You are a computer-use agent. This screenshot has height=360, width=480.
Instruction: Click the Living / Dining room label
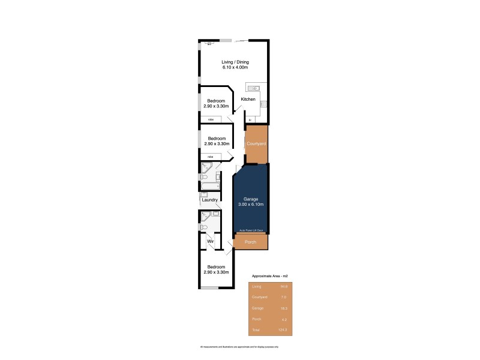coord(235,62)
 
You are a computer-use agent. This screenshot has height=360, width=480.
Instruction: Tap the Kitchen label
coord(248,99)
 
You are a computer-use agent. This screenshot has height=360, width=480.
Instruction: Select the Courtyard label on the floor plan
coord(256,144)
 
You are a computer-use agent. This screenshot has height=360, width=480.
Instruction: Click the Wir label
coord(211,242)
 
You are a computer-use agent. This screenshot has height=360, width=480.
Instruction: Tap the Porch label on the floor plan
coord(251,242)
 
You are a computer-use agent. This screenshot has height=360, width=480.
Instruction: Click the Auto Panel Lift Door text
coord(251,230)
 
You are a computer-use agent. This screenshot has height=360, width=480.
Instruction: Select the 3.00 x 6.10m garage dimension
coord(251,205)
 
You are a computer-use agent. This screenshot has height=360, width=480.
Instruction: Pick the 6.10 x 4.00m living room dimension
coord(235,67)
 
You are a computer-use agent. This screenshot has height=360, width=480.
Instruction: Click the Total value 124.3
coord(283,329)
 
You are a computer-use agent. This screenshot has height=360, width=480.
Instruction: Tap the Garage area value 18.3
coord(283,308)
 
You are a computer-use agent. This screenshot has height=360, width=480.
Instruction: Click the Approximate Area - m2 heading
coord(270,275)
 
